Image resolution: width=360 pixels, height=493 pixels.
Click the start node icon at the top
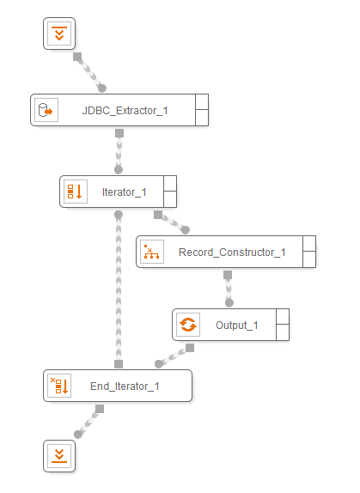tap(59, 33)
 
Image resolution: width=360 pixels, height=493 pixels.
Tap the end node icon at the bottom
tap(59, 456)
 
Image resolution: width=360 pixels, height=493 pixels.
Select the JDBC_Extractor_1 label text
tap(125, 111)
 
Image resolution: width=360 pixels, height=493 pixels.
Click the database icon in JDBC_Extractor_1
tap(46, 110)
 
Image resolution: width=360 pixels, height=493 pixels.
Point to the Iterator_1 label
tap(125, 192)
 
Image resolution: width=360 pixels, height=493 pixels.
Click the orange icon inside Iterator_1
tap(76, 192)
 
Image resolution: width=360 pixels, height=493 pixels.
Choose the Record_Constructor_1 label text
tap(232, 253)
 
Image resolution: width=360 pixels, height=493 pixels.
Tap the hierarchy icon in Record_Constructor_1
tap(152, 252)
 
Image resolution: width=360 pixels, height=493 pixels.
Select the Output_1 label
tap(237, 326)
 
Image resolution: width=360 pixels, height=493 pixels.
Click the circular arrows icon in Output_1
tap(188, 325)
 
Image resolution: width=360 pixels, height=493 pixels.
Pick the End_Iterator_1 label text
tap(125, 386)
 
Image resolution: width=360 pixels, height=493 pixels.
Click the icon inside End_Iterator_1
tap(59, 386)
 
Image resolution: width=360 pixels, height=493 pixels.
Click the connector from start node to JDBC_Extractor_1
tap(89, 73)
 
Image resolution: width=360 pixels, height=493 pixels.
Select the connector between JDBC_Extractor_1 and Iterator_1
tap(119, 151)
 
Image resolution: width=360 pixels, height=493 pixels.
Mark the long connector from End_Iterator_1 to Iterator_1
tap(119, 289)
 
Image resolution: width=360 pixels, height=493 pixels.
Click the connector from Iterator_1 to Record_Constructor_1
tap(172, 222)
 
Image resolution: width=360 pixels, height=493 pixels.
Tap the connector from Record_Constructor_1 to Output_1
tap(229, 289)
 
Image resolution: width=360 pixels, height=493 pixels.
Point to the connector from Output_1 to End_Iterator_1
tap(174, 356)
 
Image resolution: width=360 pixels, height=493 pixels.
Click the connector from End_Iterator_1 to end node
tap(89, 422)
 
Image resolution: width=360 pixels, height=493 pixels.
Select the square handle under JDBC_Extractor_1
tap(119, 133)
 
